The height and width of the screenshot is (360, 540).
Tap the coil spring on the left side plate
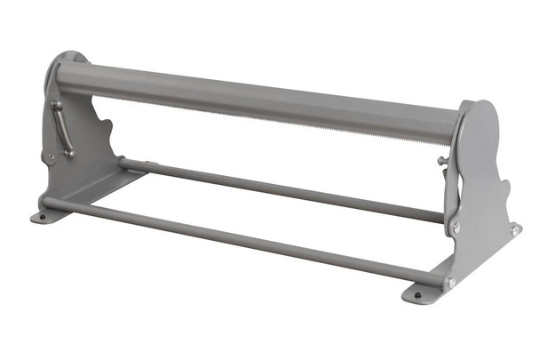pos(64,129)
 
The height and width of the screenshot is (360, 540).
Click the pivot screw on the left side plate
pos(51,157)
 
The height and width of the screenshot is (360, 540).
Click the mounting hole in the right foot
pos(417,294)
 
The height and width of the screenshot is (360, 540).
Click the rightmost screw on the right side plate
pos(515,230)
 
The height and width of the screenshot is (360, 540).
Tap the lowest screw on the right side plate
pos(450,283)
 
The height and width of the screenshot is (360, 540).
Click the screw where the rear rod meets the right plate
pos(456,227)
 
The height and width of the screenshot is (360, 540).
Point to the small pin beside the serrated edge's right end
pos(441,160)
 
